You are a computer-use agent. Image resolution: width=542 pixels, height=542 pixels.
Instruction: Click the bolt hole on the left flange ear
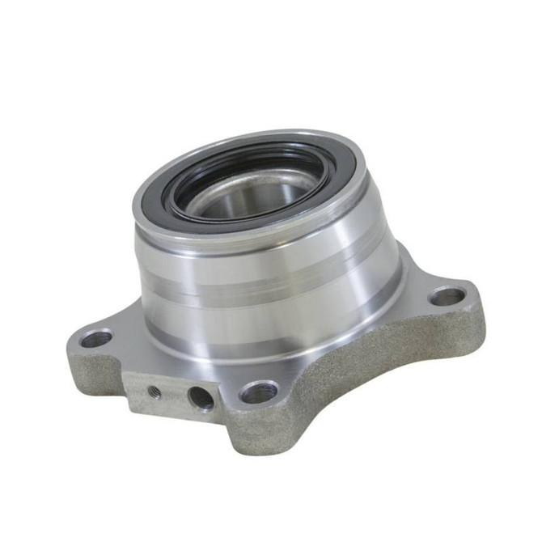[x=96, y=339]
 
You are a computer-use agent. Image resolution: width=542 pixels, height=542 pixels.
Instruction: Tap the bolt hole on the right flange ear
[x=447, y=296]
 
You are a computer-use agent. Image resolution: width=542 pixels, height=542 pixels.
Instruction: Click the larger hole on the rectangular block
[x=200, y=397]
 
